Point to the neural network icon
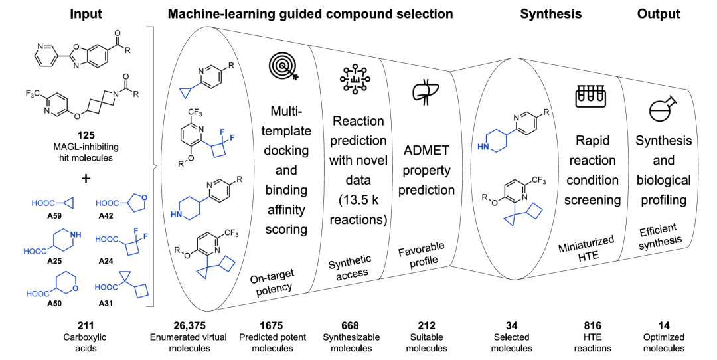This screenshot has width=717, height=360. click(x=355, y=80)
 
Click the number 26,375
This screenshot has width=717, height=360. click(x=189, y=325)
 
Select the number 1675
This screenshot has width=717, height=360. click(x=271, y=325)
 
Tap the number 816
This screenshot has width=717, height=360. click(x=592, y=325)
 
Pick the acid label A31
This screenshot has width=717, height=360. click(x=106, y=303)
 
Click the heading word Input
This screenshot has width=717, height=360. click(x=86, y=14)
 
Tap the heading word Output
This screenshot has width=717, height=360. click(x=659, y=14)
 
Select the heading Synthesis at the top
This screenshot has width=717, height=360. click(x=551, y=14)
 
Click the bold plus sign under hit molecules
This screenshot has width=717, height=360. click(x=86, y=178)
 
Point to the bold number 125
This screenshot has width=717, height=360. click(x=86, y=135)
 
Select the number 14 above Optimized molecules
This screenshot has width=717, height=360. click(x=664, y=325)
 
